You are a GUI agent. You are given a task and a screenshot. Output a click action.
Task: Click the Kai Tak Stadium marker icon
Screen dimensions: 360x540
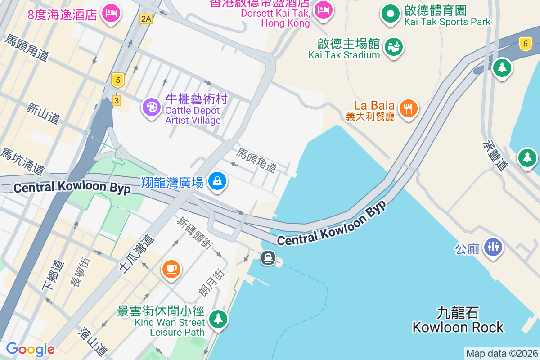[393, 46]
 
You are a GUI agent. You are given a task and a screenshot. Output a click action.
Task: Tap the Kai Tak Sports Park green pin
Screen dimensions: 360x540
[390, 13]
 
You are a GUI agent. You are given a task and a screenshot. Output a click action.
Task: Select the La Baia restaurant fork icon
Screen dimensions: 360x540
[408, 108]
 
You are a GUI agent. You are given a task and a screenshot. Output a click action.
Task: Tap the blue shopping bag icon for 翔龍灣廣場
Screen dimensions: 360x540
[217, 181]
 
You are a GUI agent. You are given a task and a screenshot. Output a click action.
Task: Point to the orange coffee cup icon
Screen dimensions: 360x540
[171, 269]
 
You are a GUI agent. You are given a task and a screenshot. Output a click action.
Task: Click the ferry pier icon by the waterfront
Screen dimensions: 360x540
[268, 258]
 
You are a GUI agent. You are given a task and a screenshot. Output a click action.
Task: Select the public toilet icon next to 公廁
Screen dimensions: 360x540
[493, 247]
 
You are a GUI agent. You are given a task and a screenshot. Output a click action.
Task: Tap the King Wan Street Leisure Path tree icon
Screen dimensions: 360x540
[218, 319]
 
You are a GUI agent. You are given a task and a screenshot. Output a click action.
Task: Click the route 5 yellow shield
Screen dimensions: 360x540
[117, 81]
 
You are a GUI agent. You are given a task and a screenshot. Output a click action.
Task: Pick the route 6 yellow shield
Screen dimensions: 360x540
[525, 44]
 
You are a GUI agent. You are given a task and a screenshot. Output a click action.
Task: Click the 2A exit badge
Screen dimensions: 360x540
[146, 18]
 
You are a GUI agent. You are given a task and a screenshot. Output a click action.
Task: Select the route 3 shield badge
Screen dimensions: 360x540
[117, 101]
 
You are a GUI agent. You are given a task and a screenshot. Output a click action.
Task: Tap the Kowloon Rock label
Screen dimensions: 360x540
[458, 320]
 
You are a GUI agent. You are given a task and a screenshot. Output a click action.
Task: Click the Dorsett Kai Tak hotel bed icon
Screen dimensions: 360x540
[323, 9]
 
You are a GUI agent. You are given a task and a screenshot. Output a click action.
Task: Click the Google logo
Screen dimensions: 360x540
[30, 349]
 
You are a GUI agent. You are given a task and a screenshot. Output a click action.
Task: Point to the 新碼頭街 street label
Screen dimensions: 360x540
[194, 231]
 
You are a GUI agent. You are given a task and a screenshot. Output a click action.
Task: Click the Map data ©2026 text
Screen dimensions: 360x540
[502, 354]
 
